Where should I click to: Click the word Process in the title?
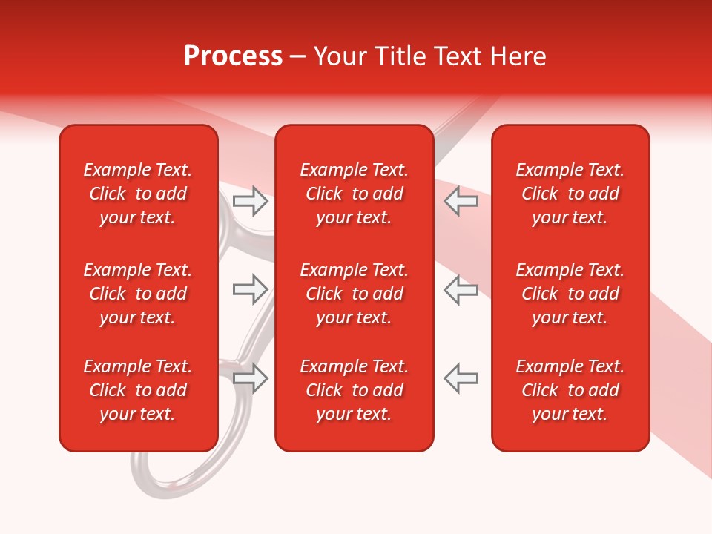[233, 56]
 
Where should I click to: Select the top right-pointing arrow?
[251, 201]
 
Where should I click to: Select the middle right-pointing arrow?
[251, 289]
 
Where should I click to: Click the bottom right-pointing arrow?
[251, 378]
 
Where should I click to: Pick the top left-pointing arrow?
[461, 201]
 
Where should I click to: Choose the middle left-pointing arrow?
[461, 289]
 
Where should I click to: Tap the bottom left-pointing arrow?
[461, 378]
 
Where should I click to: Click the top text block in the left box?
[138, 194]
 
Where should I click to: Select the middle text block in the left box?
[138, 294]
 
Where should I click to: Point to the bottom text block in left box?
[138, 390]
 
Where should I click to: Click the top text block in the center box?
[354, 194]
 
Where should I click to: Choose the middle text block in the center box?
[354, 294]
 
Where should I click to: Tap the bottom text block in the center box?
[354, 390]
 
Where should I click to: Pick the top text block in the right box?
[570, 194]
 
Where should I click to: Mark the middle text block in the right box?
[570, 294]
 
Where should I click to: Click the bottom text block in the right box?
[570, 390]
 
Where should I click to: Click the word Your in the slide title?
[337, 56]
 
